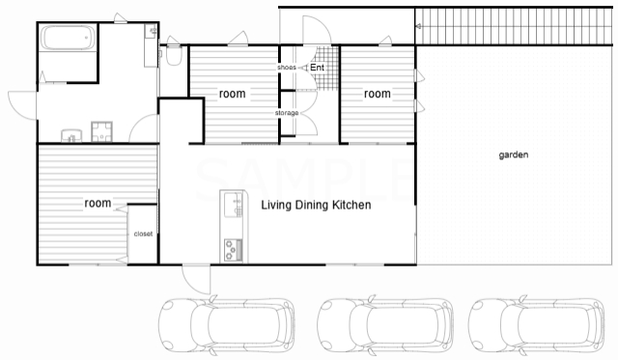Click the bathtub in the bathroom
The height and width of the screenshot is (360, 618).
pos(69,38)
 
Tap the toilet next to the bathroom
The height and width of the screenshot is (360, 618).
pos(174,55)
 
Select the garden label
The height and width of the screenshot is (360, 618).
pos(514,154)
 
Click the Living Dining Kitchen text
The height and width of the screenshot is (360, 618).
pos(316,205)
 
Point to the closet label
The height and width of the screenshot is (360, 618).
pos(143,234)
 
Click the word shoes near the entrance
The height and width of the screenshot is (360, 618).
pos(287,68)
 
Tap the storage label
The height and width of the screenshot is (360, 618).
pos(287,113)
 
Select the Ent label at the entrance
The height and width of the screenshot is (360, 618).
pos(318,68)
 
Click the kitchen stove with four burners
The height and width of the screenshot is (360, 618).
pos(233,250)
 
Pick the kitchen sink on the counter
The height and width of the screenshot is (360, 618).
pos(234,205)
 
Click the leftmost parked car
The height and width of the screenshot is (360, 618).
pos(227,325)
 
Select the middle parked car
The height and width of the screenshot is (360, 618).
pos(385,325)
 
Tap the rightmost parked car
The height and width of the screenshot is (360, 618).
pos(537,325)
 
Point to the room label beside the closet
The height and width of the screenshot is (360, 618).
pos(98,204)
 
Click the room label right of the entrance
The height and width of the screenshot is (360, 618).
pos(378,94)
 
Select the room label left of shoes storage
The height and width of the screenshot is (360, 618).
pos(232,94)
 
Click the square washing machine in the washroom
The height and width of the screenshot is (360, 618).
pos(102,131)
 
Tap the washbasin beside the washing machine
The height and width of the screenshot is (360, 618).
pos(71,135)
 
